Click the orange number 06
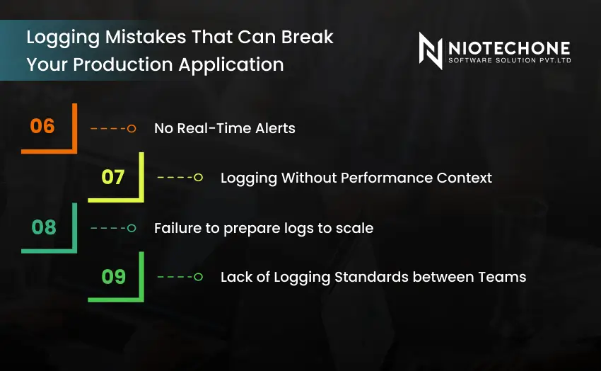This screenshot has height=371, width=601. (x=42, y=127)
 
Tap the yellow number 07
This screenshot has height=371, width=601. (x=113, y=177)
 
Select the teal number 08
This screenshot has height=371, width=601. (x=44, y=227)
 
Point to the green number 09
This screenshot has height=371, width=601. (x=114, y=276)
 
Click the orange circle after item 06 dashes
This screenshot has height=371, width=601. (x=132, y=128)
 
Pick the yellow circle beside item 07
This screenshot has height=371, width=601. (x=199, y=178)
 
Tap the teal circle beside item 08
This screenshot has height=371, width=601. (x=132, y=228)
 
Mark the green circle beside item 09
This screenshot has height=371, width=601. (x=199, y=277)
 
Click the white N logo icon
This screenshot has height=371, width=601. (x=431, y=50)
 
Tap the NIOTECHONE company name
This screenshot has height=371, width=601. (x=508, y=48)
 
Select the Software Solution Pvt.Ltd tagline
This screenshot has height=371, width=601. (x=508, y=61)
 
